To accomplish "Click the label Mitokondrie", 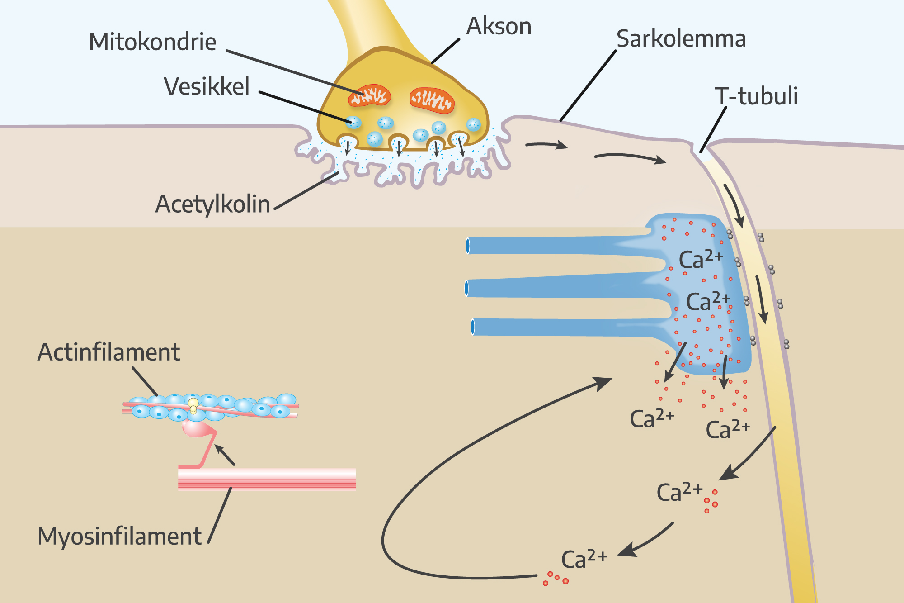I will (153, 42).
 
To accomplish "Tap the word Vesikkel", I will (207, 86).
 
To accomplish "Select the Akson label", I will (499, 26).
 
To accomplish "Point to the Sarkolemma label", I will (681, 39).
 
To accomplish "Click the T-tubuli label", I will (756, 96).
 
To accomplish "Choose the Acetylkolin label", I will (212, 204).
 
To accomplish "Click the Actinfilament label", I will (108, 352).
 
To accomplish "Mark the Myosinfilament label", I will (119, 537).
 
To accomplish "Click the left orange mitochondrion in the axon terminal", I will (369, 95).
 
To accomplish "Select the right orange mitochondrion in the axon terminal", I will (432, 100).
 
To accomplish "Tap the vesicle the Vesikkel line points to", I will (353, 122).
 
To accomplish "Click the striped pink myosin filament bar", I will (267, 480).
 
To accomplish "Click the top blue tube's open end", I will (468, 246).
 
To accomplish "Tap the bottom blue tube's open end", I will (473, 327).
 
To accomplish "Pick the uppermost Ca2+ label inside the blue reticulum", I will (701, 259).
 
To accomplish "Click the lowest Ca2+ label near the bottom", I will (584, 559).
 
